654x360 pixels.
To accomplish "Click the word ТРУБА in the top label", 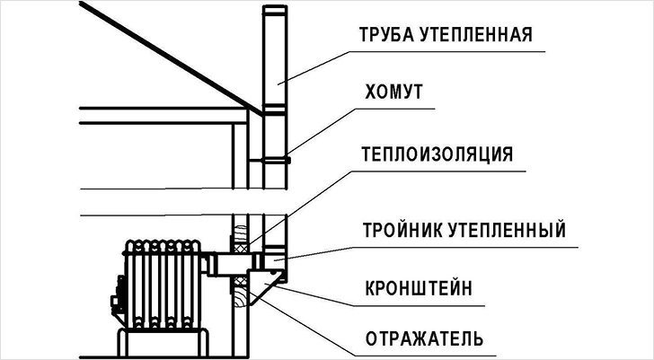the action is (385, 35).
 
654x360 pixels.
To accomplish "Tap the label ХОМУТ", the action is (393, 92).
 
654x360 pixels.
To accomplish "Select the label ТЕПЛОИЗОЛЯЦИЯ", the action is (437, 154).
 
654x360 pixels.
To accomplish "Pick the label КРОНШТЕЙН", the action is (419, 288).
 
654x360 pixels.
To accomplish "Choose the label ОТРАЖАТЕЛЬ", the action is (424, 339).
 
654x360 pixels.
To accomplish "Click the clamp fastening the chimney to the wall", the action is (269, 160).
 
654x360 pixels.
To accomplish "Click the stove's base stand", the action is (162, 343).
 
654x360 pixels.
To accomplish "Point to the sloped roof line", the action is (171, 58).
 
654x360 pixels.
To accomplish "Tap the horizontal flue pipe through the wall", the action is (234, 264).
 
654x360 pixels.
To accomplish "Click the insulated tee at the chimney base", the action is (275, 261).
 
